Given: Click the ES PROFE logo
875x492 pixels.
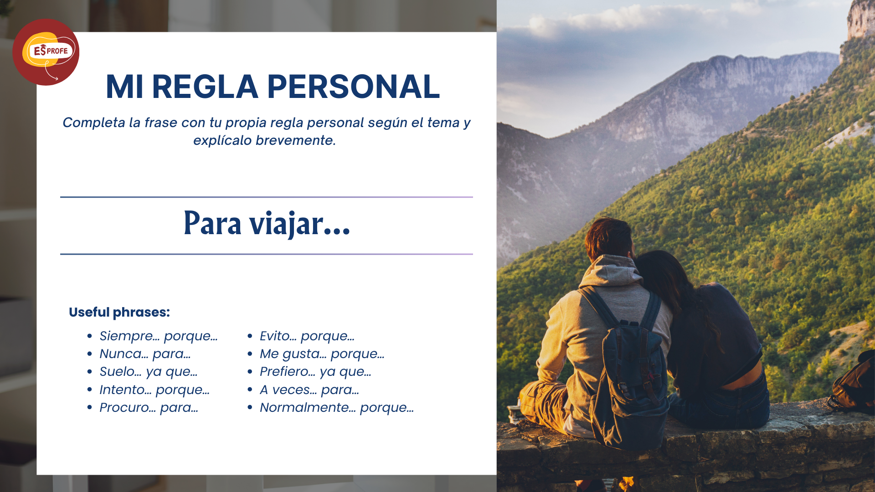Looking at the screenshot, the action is click(x=46, y=52).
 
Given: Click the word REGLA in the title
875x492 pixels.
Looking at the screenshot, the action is click(x=205, y=87).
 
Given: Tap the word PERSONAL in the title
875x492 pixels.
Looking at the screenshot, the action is click(x=354, y=87).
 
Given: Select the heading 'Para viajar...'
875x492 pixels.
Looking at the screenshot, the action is click(x=267, y=223).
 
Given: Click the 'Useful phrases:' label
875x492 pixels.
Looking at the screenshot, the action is click(x=119, y=312).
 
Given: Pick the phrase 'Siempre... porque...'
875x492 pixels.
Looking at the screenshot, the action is click(x=159, y=336).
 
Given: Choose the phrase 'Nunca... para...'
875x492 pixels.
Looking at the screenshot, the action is click(x=145, y=354).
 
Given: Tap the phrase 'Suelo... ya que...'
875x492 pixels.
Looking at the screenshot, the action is click(x=149, y=372).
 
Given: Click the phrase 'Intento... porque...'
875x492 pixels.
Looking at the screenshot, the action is click(x=154, y=390).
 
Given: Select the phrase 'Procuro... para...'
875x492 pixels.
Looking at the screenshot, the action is click(x=149, y=407).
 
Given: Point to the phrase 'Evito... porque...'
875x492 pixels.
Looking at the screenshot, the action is click(x=307, y=336).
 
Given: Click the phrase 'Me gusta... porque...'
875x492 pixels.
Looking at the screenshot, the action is click(x=322, y=354).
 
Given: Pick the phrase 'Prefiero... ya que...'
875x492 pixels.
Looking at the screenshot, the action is click(x=315, y=372).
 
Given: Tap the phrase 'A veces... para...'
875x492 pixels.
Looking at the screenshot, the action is click(x=309, y=390).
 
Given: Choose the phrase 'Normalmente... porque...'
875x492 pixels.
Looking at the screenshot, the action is click(x=337, y=408).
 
